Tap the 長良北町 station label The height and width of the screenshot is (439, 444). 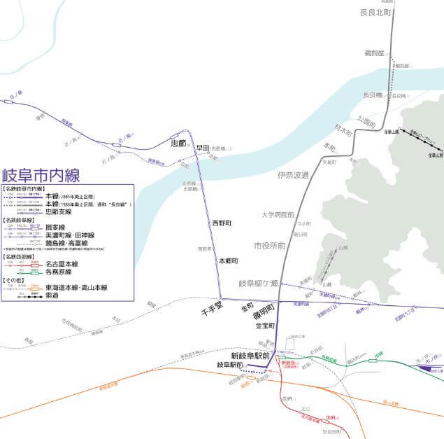(378, 12)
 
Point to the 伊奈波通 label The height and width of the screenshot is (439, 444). (292, 175)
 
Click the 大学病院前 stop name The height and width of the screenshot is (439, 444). (278, 215)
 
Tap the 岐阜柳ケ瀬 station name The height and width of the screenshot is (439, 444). (259, 284)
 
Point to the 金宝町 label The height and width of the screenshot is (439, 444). (267, 326)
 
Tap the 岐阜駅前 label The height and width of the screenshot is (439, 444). (231, 365)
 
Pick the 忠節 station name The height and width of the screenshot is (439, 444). (178, 143)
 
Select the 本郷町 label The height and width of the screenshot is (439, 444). (229, 260)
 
